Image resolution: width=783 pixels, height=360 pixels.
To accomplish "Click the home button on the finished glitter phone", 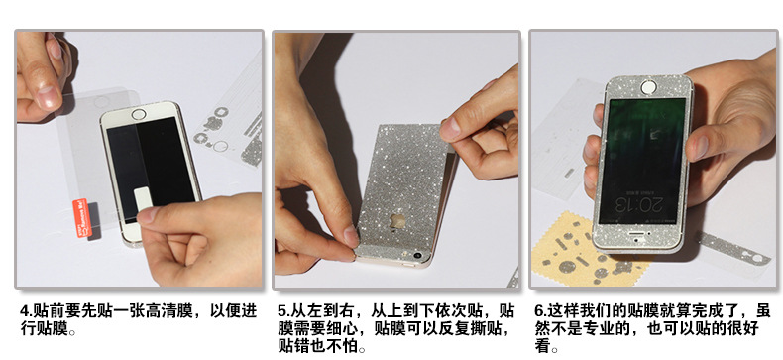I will pyautogui.click(x=650, y=88).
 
